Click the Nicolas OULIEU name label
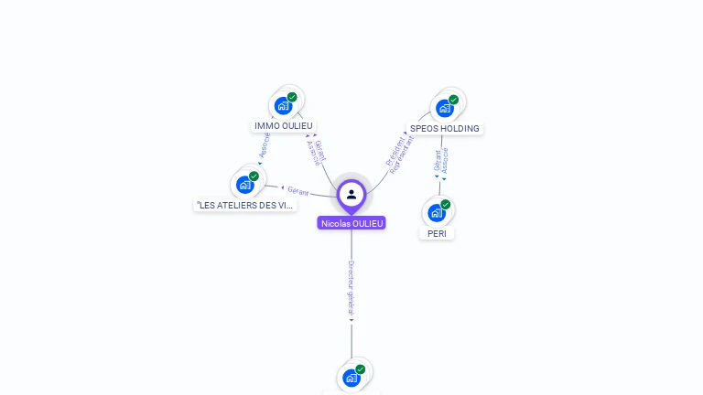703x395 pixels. (351, 223)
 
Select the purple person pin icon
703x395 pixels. (351, 194)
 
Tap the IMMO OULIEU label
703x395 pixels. (284, 125)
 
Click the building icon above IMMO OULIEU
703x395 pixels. (283, 106)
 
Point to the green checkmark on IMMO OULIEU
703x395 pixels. (292, 97)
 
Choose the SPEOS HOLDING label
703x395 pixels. (444, 129)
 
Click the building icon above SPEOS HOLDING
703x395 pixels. (445, 108)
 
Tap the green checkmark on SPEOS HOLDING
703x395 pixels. (453, 100)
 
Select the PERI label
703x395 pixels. (437, 233)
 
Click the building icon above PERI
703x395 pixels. (437, 213)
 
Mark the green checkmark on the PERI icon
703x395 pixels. (446, 205)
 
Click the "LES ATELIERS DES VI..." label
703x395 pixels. (246, 205)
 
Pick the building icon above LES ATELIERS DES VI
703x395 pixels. (244, 185)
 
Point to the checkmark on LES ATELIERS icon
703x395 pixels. (254, 176)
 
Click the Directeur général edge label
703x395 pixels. (351, 289)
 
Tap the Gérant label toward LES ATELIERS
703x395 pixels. (298, 191)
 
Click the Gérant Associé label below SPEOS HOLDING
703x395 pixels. (441, 161)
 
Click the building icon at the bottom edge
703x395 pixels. (351, 378)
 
